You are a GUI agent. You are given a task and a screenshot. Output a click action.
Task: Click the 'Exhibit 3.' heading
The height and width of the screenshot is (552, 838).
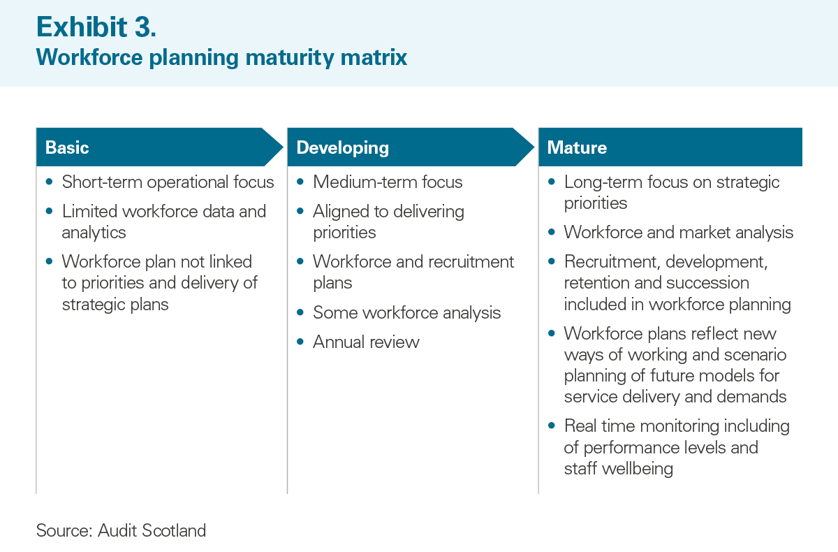pyautogui.click(x=96, y=27)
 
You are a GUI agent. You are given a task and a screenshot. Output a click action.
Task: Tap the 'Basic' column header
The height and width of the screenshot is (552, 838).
pyautogui.click(x=67, y=147)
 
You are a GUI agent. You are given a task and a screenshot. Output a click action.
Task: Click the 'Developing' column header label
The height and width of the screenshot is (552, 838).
pyautogui.click(x=342, y=148)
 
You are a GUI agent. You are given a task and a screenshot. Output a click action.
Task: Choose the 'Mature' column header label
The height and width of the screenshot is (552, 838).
pyautogui.click(x=577, y=147)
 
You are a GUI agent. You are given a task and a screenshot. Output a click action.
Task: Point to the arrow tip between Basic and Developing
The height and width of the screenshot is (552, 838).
pyautogui.click(x=283, y=147)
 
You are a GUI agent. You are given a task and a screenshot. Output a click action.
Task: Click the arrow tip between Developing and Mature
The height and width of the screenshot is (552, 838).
pyautogui.click(x=534, y=147)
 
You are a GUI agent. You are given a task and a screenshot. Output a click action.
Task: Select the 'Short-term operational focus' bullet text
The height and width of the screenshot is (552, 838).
pyautogui.click(x=168, y=182)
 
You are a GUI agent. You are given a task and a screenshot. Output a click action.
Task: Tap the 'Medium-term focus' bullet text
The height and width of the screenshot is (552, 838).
pyautogui.click(x=388, y=182)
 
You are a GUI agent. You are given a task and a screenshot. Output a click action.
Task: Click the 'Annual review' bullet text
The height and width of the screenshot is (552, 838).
pyautogui.click(x=366, y=342)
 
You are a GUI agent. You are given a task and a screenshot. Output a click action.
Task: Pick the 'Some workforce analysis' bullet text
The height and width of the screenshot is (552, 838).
pyautogui.click(x=406, y=313)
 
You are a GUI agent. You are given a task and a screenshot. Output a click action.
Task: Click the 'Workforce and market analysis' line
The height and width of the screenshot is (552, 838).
pyautogui.click(x=679, y=233)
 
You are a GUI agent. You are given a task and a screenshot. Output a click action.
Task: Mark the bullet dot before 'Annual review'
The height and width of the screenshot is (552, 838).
pyautogui.click(x=300, y=342)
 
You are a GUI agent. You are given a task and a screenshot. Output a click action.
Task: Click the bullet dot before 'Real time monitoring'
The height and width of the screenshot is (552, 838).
pyautogui.click(x=551, y=426)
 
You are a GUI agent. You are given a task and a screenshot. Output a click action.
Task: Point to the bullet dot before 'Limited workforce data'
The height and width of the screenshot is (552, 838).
pyautogui.click(x=49, y=211)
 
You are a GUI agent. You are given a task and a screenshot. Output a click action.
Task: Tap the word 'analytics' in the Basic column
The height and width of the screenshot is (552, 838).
pyautogui.click(x=94, y=233)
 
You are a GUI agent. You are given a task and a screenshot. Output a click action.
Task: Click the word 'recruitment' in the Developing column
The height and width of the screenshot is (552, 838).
pyautogui.click(x=471, y=262)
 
